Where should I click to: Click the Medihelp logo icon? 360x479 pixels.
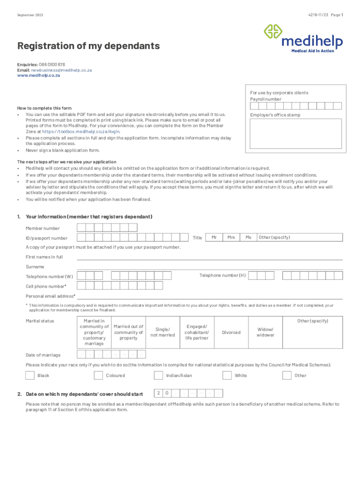click(273, 32)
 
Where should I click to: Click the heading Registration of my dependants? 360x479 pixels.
click(88, 46)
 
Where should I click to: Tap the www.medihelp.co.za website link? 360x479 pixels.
click(38, 75)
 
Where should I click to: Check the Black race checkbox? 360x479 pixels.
click(30, 375)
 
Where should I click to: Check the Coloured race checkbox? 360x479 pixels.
click(98, 375)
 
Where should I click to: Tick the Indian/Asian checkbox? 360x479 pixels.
click(158, 375)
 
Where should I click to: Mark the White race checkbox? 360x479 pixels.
click(227, 375)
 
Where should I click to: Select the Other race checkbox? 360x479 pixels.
click(287, 375)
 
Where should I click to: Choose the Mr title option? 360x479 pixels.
click(214, 238)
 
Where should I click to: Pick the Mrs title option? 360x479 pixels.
click(231, 238)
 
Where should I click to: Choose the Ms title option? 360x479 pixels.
click(248, 238)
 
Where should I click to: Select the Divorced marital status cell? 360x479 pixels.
click(231, 332)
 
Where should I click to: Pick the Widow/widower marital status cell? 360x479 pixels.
click(265, 332)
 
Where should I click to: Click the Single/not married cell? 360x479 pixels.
click(162, 332)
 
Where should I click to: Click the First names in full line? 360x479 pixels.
click(209, 257)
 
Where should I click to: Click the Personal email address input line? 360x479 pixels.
click(209, 296)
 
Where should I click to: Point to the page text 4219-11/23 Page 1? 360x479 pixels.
click(325, 15)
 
